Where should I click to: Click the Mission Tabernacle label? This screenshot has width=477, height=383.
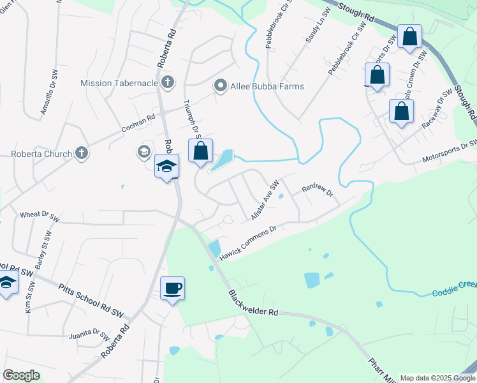point(119,83)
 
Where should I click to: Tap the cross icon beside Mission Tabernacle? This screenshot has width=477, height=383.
point(168,82)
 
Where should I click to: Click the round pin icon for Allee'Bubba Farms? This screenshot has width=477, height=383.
point(221,86)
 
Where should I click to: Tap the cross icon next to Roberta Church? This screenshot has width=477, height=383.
point(81,153)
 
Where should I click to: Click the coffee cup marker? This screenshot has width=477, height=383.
point(172,289)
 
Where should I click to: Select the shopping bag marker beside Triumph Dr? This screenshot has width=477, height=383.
point(200,152)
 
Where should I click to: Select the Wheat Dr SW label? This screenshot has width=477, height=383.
point(40,216)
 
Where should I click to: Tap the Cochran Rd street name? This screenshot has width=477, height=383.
point(138,123)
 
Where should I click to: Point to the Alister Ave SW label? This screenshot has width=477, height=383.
point(265,200)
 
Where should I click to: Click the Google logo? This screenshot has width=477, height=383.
point(22,375)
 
